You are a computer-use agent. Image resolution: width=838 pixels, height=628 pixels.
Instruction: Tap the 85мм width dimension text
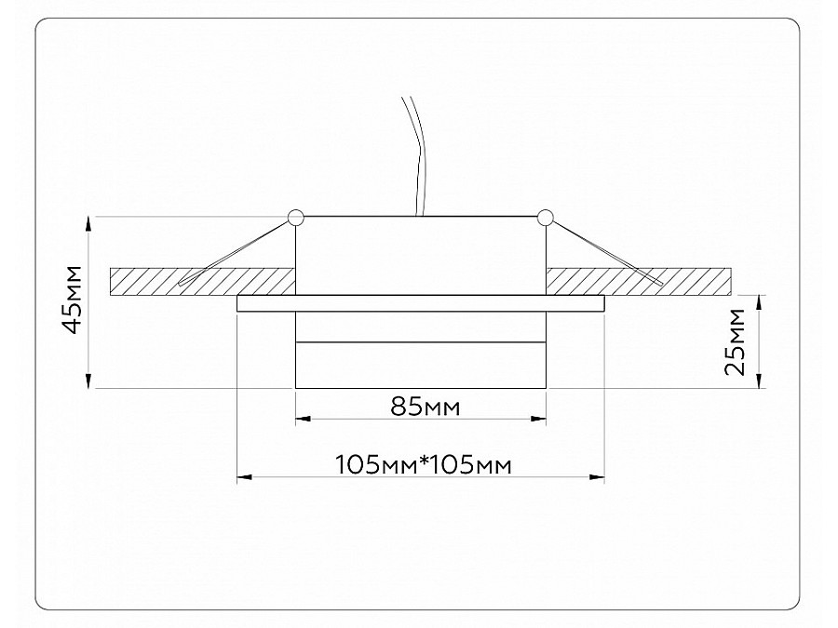click(421, 407)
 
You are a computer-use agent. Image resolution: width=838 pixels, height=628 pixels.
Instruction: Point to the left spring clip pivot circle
click(296, 219)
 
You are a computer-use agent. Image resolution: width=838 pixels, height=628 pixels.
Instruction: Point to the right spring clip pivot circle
click(545, 219)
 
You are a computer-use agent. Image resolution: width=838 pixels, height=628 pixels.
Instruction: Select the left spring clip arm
click(237, 250)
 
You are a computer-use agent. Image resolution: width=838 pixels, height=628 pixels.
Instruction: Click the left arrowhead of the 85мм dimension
click(302, 421)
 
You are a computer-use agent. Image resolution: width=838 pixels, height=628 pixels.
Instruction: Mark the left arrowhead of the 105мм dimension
click(244, 477)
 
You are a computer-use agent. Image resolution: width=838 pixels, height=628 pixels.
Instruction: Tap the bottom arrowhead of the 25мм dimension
click(761, 381)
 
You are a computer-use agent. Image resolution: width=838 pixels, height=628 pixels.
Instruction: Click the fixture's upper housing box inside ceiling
click(421, 256)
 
